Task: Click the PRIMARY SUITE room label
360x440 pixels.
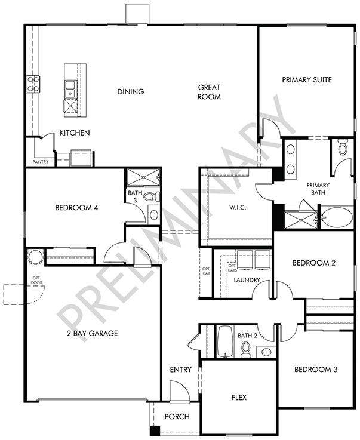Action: point(307,80)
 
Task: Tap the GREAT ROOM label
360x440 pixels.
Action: point(209,92)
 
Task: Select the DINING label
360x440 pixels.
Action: point(131,91)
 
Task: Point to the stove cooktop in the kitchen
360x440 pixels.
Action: point(33,84)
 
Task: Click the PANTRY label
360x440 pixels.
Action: point(41,162)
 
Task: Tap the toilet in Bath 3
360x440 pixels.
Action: point(152,196)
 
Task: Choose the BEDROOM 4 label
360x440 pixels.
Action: point(76,208)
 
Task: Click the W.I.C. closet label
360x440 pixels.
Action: point(238,208)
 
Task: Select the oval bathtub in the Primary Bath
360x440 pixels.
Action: point(337,217)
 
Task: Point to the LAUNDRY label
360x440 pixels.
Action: point(247,280)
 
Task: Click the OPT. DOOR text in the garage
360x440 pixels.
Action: point(37,281)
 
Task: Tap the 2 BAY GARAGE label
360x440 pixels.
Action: point(93,333)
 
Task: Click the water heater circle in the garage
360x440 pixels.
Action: point(36,257)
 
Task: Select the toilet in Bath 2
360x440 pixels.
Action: point(246,350)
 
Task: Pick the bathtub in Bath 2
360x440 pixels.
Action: point(225,341)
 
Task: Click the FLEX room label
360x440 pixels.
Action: point(239,398)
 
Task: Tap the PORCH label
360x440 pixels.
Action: point(177,417)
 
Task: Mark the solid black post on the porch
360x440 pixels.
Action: point(155,430)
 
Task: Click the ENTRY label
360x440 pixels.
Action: point(181,370)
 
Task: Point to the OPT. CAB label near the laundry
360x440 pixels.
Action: point(206,271)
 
